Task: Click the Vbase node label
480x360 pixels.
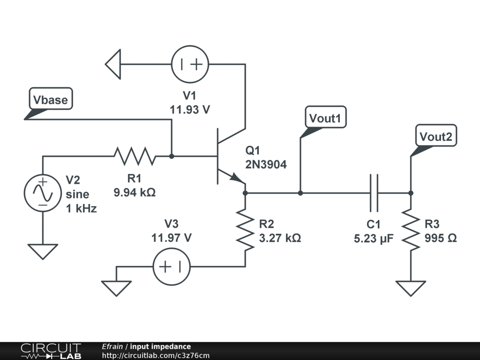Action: pyautogui.click(x=51, y=99)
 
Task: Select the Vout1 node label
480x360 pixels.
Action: pyautogui.click(x=326, y=118)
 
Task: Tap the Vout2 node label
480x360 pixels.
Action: pyautogui.click(x=436, y=136)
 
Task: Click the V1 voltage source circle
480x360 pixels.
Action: pyautogui.click(x=189, y=65)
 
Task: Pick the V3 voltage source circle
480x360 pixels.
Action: pyautogui.click(x=172, y=267)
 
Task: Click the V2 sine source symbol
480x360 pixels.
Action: pyautogui.click(x=43, y=193)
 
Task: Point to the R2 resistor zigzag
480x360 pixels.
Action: pyautogui.click(x=245, y=230)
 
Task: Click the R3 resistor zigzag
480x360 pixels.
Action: pyautogui.click(x=411, y=230)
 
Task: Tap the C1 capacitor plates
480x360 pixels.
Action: pyautogui.click(x=374, y=193)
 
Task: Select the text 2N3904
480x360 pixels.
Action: pyautogui.click(x=266, y=165)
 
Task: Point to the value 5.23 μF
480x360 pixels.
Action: pyautogui.click(x=374, y=238)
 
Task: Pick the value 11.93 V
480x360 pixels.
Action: pyautogui.click(x=189, y=110)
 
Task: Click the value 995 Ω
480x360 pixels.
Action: pyautogui.click(x=441, y=238)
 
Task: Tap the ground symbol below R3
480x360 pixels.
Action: pyautogui.click(x=411, y=287)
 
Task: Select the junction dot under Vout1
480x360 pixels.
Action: pyautogui.click(x=300, y=193)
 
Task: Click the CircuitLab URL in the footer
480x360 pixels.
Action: pyautogui.click(x=155, y=355)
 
